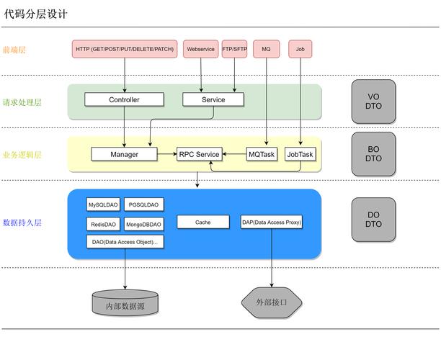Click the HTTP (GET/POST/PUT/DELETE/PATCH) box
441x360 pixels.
(125, 49)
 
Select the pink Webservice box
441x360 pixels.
(200, 49)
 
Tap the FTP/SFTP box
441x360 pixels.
(235, 49)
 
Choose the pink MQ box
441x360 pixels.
(266, 49)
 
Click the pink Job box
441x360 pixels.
(300, 49)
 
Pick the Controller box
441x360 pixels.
(124, 99)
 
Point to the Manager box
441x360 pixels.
(124, 154)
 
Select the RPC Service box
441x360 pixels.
(199, 154)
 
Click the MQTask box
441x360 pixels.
(262, 154)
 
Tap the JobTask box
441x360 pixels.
(300, 154)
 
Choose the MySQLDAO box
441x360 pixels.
(103, 204)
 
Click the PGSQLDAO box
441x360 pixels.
(143, 204)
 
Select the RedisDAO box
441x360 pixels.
(103, 224)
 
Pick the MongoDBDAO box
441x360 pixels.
(143, 224)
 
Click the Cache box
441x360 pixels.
(202, 222)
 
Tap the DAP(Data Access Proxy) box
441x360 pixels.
(272, 222)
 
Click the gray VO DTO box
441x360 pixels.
(373, 101)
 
